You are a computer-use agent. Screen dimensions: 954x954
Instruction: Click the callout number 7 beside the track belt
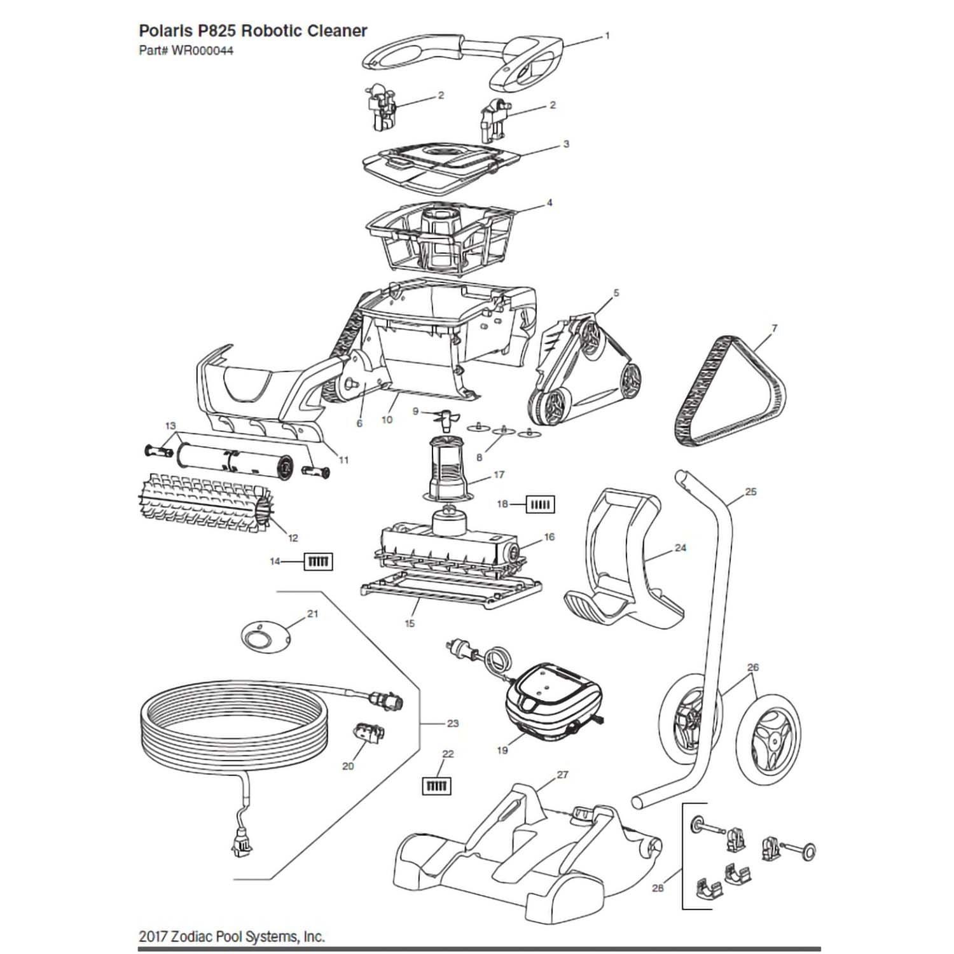(x=774, y=328)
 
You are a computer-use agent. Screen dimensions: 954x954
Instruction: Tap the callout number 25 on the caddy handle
(x=750, y=492)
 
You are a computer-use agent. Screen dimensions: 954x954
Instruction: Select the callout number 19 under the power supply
(x=502, y=750)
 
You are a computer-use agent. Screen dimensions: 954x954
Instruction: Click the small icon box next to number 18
(x=540, y=505)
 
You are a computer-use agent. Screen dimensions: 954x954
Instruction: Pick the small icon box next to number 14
(x=319, y=562)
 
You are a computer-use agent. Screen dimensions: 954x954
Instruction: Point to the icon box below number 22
(x=437, y=786)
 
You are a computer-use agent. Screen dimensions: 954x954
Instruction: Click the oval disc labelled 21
(x=265, y=636)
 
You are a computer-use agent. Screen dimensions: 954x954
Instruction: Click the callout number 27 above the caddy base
(x=562, y=775)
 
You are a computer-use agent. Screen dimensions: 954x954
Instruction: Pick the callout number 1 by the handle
(x=607, y=36)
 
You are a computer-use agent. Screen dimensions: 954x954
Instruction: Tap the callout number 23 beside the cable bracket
(x=452, y=723)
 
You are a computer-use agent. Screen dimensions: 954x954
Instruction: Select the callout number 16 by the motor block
(x=549, y=537)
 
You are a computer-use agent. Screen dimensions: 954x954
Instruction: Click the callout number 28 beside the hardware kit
(x=658, y=888)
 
